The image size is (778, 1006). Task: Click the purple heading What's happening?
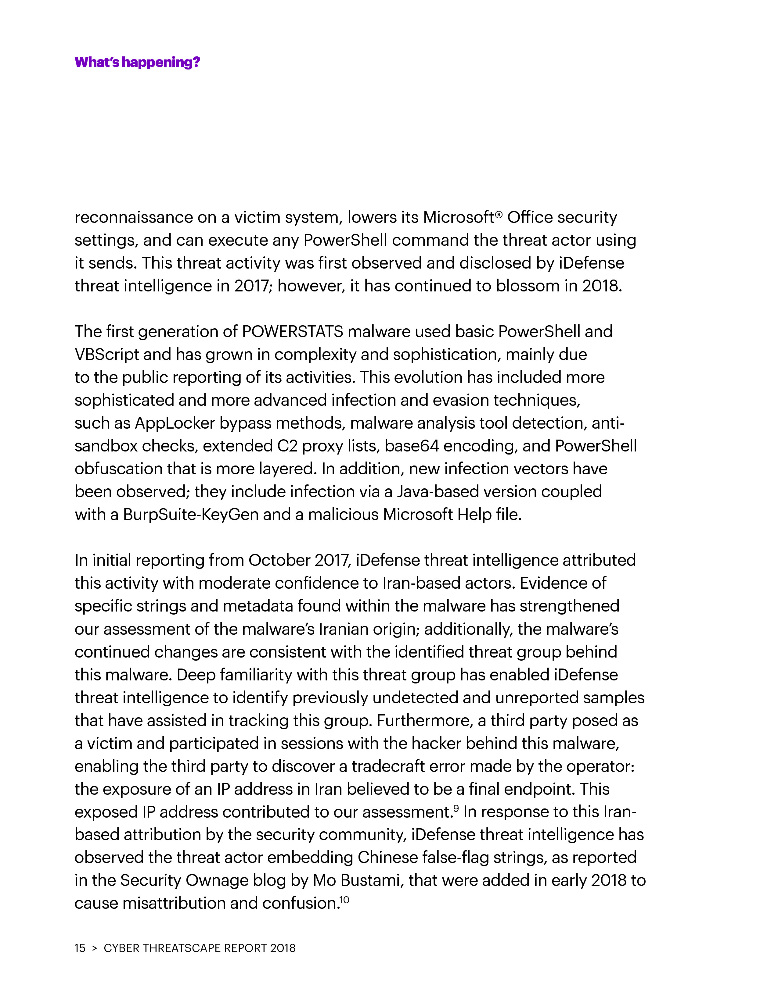[x=137, y=62]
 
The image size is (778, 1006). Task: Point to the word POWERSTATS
[x=292, y=332]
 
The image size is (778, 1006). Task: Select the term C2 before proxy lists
[x=287, y=446]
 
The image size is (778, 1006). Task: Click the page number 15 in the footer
[x=80, y=948]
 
